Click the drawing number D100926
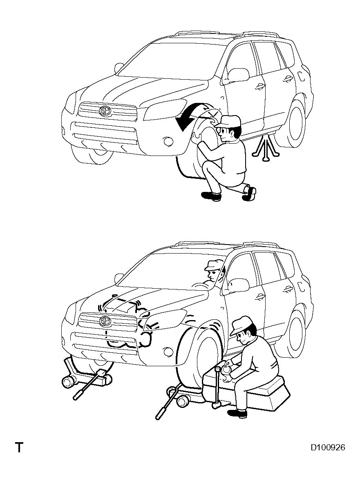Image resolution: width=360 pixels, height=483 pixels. click(x=328, y=447)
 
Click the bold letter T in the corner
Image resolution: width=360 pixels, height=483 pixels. click(x=19, y=447)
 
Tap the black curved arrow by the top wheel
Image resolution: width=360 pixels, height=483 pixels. click(x=191, y=117)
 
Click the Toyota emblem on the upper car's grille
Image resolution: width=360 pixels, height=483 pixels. click(x=105, y=111)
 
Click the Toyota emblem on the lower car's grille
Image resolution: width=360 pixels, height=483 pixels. click(x=105, y=321)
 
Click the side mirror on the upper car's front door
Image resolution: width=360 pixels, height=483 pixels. click(x=238, y=74)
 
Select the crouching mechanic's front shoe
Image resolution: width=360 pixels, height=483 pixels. click(x=211, y=196)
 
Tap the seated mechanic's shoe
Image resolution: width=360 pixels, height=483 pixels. click(x=237, y=413)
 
